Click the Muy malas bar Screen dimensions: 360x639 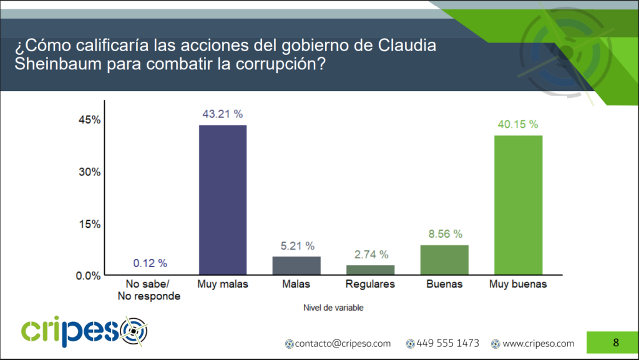(223, 200)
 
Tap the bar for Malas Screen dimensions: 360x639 (296, 265)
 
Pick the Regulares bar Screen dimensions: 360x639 (370, 270)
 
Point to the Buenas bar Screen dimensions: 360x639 (444, 260)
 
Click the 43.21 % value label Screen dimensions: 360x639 (223, 114)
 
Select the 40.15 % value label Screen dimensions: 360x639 (518, 124)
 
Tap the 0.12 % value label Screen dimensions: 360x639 (149, 263)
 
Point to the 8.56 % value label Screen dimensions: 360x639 (444, 234)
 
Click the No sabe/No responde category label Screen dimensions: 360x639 (149, 290)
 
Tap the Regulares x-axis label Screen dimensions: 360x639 (370, 285)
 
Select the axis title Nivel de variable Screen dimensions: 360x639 (333, 308)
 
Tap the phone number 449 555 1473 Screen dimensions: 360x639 (447, 343)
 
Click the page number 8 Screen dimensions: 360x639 (616, 342)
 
